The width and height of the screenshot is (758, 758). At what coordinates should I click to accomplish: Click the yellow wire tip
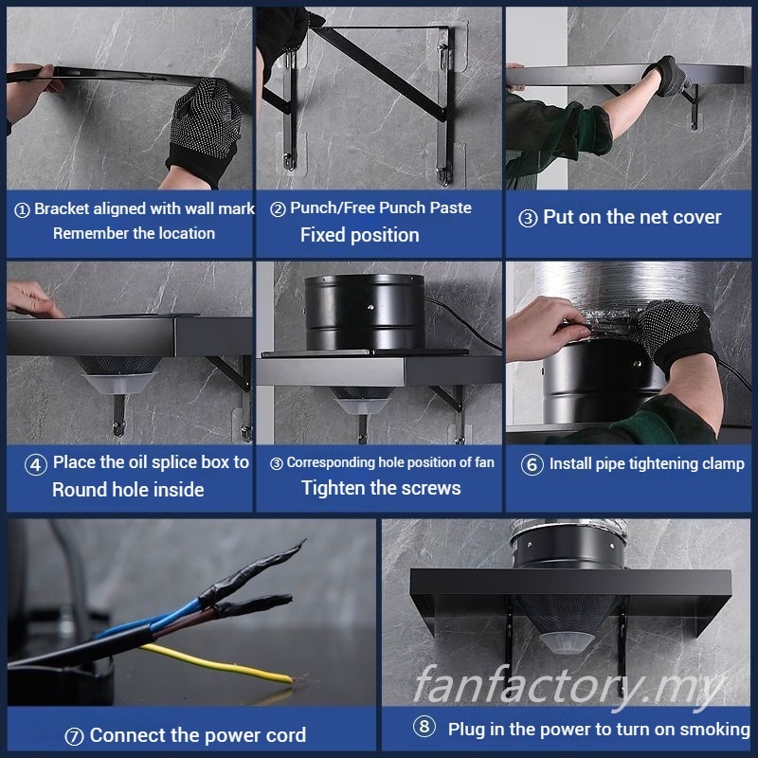[292, 679]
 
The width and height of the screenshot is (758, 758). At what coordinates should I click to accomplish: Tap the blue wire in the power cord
[159, 622]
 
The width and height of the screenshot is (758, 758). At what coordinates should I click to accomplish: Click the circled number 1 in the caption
[22, 209]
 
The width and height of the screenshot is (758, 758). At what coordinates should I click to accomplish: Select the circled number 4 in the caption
[36, 464]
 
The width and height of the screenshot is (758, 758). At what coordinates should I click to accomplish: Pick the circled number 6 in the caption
[532, 464]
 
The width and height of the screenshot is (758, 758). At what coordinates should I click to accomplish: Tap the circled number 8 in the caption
[424, 726]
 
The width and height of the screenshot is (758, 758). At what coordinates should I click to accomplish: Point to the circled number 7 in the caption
[74, 737]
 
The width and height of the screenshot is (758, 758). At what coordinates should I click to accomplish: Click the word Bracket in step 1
[62, 208]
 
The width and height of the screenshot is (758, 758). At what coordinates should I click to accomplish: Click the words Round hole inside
[128, 490]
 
